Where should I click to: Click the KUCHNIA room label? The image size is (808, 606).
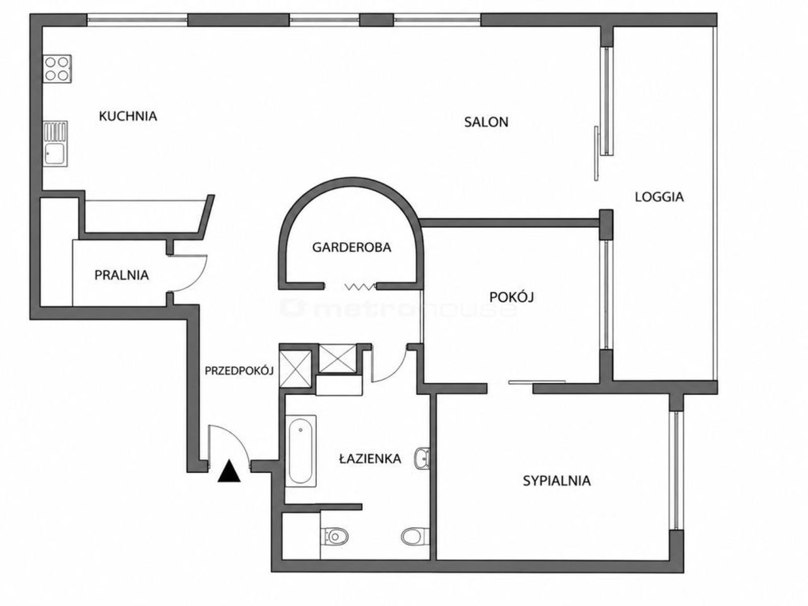[x=128, y=116]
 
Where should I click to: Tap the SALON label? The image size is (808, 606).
[x=486, y=122]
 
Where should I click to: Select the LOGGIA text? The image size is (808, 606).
[x=659, y=197]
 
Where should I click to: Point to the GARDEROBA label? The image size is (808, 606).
[x=352, y=247]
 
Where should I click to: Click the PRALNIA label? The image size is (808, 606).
[x=121, y=275]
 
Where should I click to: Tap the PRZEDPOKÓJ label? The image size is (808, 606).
[x=239, y=371]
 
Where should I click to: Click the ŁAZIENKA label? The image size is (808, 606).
[x=370, y=458]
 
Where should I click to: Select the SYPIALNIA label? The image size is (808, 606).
[x=557, y=481]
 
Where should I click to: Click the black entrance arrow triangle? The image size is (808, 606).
[x=229, y=472]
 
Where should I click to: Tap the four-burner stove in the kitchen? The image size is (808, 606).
[x=57, y=69]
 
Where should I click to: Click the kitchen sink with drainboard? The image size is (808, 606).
[x=55, y=144]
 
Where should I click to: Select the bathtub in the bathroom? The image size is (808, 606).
[x=300, y=451]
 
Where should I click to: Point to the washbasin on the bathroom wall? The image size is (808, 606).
[x=422, y=458]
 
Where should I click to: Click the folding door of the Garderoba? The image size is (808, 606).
[x=360, y=286]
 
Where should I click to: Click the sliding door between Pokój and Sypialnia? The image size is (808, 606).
[x=537, y=383]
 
